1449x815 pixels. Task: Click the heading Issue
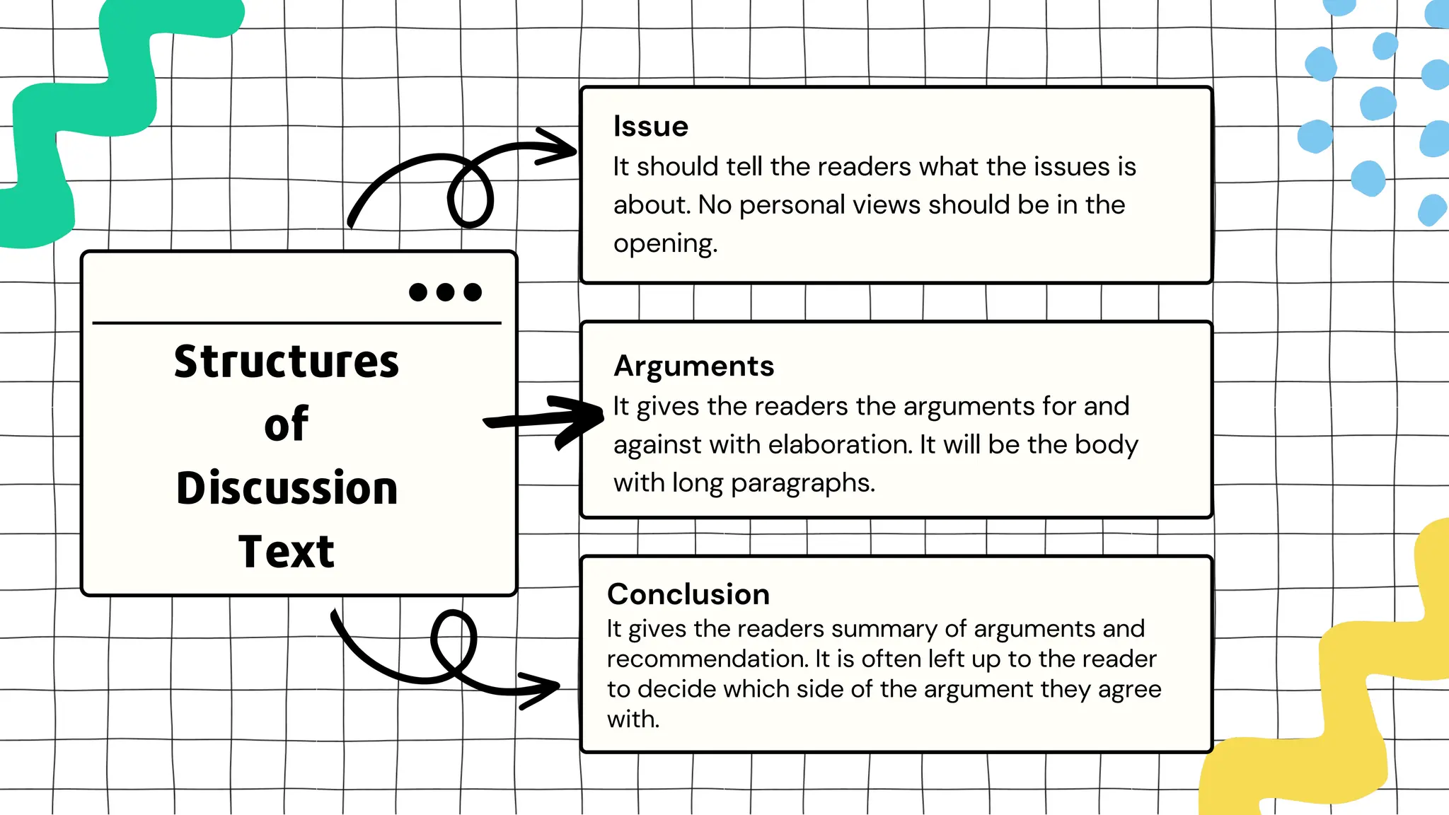click(650, 127)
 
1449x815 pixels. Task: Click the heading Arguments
click(693, 366)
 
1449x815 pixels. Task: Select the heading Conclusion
click(688, 594)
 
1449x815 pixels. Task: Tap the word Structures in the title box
click(287, 362)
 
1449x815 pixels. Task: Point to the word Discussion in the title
click(287, 488)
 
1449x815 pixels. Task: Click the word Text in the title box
click(286, 552)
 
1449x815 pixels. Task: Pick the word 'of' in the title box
click(286, 424)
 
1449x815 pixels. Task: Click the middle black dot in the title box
click(445, 292)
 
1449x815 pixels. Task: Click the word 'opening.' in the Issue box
click(665, 244)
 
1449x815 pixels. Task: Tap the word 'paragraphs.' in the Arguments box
click(802, 483)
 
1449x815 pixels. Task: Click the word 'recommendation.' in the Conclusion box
click(708, 659)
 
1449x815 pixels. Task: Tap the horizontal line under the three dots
click(297, 323)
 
